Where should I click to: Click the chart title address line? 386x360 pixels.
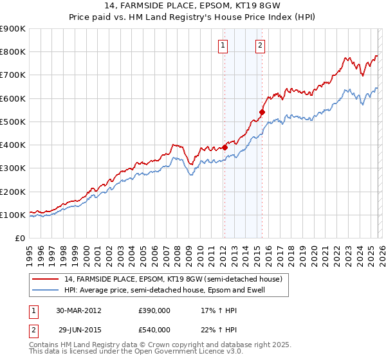click(x=193, y=6)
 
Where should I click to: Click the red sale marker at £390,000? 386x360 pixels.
click(x=225, y=147)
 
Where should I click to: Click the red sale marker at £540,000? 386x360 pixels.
click(x=262, y=112)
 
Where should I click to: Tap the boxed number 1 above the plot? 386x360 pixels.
click(x=223, y=45)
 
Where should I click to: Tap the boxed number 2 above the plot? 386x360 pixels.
click(x=260, y=45)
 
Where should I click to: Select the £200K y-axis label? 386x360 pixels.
click(x=13, y=192)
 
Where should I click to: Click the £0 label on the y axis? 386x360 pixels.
click(x=19, y=238)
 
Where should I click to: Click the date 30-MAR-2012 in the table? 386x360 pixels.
click(x=78, y=310)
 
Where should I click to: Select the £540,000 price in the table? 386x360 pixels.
click(x=154, y=329)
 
